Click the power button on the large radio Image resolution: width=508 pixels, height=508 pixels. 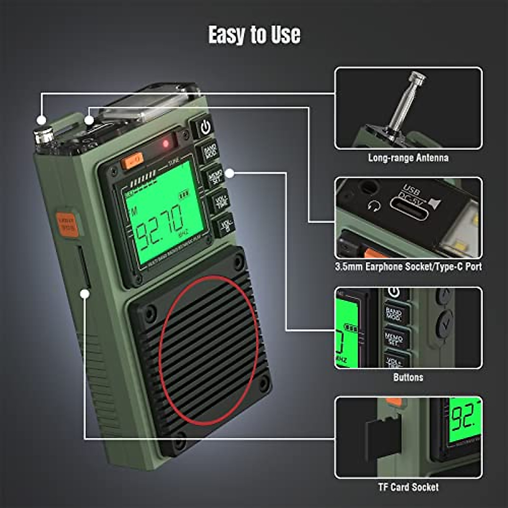[x=205, y=127]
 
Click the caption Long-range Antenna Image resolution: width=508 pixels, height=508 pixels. [x=408, y=158]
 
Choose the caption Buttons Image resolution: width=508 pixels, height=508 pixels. [x=408, y=377]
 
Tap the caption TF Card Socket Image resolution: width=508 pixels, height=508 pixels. [x=408, y=487]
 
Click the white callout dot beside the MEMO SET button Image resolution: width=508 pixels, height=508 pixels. [x=229, y=173]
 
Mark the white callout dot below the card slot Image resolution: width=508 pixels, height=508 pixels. [x=85, y=293]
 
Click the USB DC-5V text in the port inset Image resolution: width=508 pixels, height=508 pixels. [x=410, y=193]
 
